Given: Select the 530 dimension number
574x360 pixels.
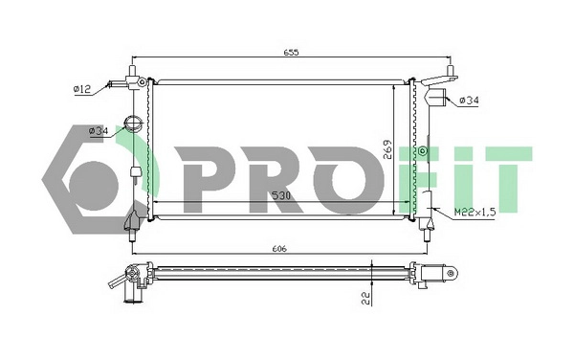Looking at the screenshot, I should [280, 196].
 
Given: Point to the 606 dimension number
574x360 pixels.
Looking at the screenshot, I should [279, 248].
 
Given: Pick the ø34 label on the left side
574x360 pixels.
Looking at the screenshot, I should [97, 131].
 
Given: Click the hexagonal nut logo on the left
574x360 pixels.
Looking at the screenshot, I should [91, 170].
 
